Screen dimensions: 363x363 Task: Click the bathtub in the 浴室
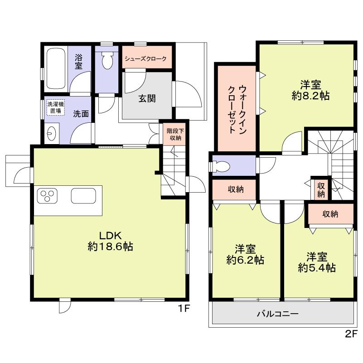click(57, 68)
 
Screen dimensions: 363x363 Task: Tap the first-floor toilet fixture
click(107, 61)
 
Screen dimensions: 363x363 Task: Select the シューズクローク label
click(145, 59)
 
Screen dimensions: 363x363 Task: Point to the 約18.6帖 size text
click(110, 247)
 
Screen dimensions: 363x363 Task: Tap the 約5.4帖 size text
click(316, 268)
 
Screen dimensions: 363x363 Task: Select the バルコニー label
click(277, 314)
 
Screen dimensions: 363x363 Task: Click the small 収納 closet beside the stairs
click(321, 189)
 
